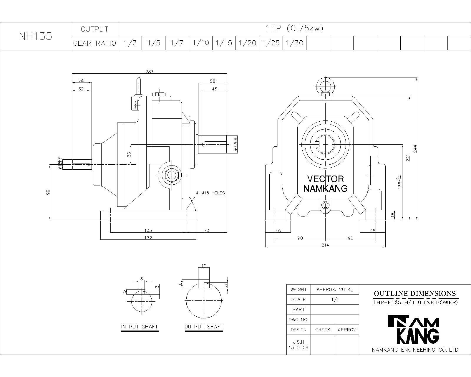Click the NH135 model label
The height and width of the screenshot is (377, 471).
point(35,36)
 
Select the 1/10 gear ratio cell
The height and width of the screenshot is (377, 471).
point(201,43)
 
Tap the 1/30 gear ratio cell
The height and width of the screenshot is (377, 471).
point(295,43)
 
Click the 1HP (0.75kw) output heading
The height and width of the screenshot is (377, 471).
point(294,29)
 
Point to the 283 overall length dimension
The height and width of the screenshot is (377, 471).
point(150,71)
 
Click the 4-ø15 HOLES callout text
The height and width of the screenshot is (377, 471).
point(210,193)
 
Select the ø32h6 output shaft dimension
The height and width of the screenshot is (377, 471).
point(235,144)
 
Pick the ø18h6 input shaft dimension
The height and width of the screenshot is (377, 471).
point(60,163)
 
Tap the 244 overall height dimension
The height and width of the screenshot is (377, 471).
point(415,149)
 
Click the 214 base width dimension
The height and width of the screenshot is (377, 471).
point(326,245)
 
